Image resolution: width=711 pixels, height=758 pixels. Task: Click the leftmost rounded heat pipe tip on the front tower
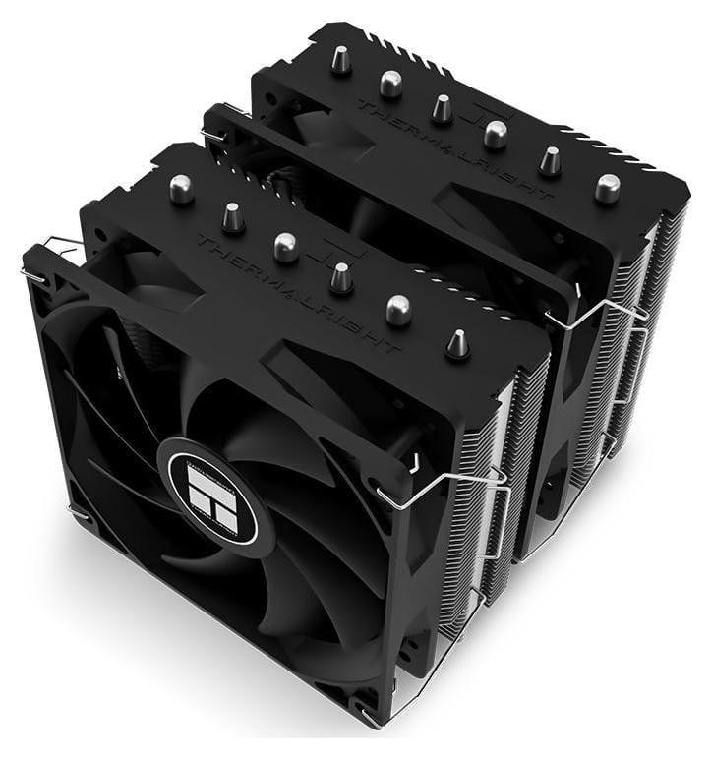point(181,189)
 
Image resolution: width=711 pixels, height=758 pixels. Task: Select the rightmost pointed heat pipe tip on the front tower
point(457,344)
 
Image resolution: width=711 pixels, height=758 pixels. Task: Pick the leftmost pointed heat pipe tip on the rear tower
point(339,62)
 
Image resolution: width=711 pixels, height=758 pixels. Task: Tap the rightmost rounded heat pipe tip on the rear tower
point(607,187)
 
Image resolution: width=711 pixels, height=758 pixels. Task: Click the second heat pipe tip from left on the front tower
point(233,217)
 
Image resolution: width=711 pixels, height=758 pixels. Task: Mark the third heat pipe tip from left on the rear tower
point(443,108)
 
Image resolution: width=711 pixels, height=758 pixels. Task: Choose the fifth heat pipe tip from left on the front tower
point(398,310)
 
